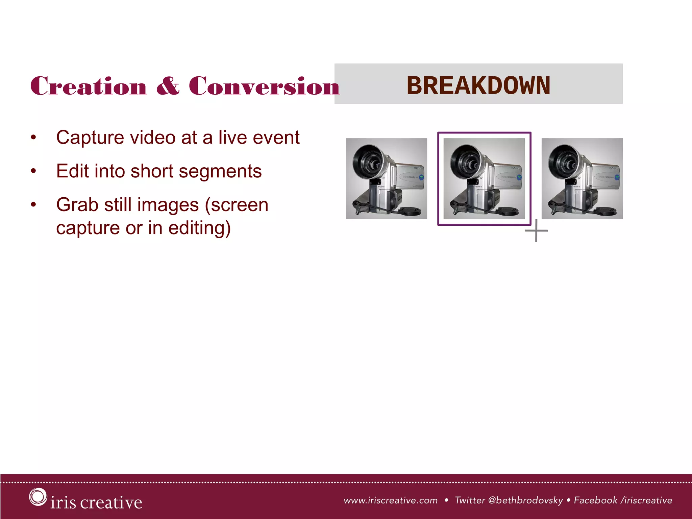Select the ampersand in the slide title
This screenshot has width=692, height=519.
point(168,86)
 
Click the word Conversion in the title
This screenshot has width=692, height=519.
point(264,86)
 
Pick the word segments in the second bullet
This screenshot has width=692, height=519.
point(220,171)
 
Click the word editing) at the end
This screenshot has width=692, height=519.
point(199,228)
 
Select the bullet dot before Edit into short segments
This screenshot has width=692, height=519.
point(33,171)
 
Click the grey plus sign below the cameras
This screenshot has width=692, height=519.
point(536,231)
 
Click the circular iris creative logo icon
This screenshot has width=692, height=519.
point(38,497)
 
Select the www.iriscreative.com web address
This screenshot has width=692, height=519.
point(391,500)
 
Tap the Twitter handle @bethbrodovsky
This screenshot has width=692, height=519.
point(525,500)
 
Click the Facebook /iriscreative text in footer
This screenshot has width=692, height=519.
point(623,500)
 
